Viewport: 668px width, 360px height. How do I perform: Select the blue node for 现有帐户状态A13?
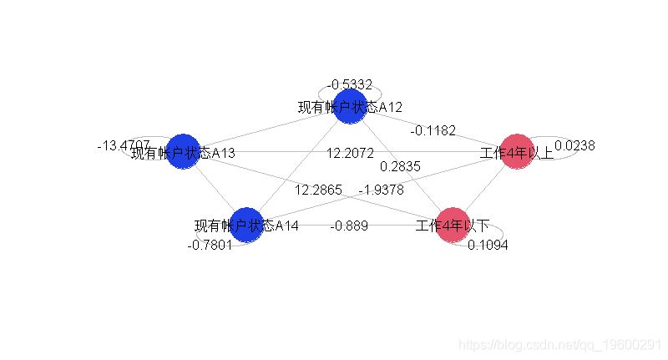[182, 151]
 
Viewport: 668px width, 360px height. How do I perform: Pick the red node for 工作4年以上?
[517, 151]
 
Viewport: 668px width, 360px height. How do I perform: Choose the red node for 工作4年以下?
[453, 225]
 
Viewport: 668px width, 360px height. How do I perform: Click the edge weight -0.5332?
[349, 84]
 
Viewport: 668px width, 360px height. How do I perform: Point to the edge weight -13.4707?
[124, 145]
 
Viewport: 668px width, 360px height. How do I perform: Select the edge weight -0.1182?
[433, 130]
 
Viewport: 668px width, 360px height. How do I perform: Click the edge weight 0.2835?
[400, 166]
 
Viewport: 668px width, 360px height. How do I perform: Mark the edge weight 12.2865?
[318, 190]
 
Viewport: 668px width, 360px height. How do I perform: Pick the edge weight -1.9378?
[381, 190]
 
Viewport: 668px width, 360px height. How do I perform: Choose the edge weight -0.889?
[349, 226]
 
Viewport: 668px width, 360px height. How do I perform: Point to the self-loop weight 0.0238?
[574, 145]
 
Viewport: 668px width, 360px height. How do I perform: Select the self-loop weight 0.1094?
[488, 244]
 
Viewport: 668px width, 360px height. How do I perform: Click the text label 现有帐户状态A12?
[351, 108]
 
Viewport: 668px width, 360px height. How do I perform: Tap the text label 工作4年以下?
[453, 225]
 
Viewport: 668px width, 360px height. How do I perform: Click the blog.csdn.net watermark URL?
[562, 345]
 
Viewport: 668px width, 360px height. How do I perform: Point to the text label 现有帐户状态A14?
[246, 226]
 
